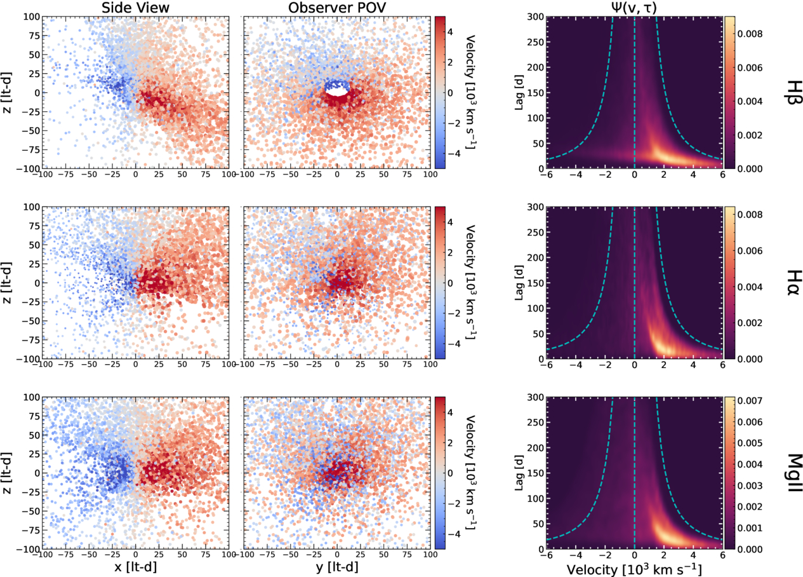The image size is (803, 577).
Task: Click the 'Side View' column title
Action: tap(135, 7)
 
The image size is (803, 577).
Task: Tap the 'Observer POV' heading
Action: tap(338, 7)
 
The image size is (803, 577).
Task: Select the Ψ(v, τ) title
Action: tap(634, 7)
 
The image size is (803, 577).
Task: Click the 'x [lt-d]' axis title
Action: tap(135, 567)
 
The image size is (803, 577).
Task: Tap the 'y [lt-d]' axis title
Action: tap(338, 567)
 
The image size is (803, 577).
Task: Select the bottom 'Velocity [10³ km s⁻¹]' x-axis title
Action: tap(634, 567)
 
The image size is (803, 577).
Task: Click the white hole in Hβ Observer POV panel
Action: tap(338, 92)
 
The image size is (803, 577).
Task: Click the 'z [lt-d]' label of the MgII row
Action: tap(8, 473)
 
